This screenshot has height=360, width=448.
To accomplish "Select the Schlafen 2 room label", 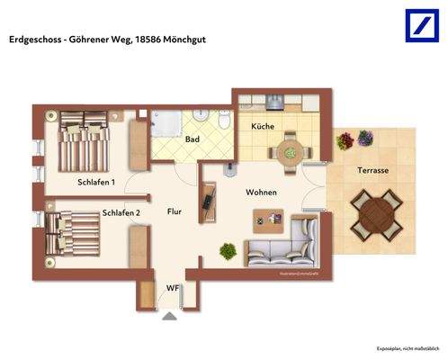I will pos(121,213).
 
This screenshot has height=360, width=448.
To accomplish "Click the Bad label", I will pos(193,139).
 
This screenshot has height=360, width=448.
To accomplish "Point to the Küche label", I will pos(263,127).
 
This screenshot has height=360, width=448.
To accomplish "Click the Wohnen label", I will pos(261,193).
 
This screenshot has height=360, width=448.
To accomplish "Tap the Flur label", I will pos(175,212).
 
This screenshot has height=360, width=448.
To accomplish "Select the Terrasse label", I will pos(372,170).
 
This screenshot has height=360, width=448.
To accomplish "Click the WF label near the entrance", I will pos(171,288).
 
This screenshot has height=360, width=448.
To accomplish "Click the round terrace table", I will pos(375,214).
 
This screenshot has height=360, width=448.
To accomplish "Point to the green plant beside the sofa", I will pos(228,251).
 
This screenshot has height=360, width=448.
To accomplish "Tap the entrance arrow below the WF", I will pos(170,316).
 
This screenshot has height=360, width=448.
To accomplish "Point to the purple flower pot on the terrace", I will pos(364,138).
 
